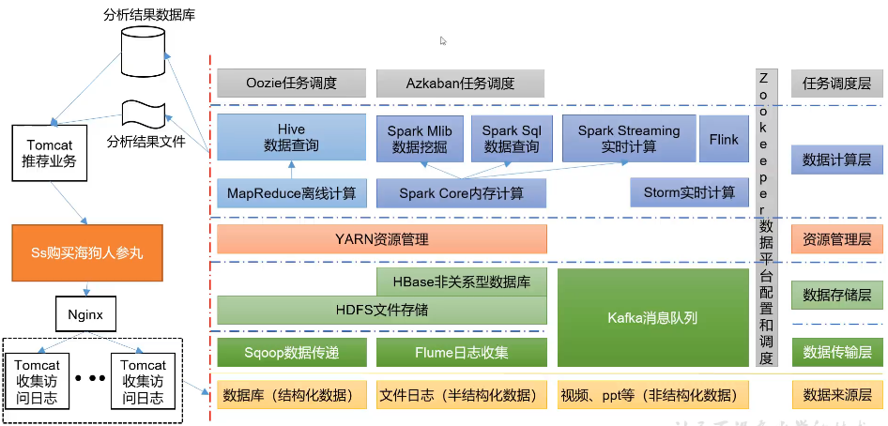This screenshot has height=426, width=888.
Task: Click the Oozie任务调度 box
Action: pyautogui.click(x=291, y=83)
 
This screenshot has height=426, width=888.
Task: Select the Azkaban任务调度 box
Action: pyautogui.click(x=461, y=83)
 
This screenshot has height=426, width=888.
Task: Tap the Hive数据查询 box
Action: pyautogui.click(x=291, y=138)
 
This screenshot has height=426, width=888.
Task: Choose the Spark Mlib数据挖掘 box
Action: pyautogui.click(x=419, y=139)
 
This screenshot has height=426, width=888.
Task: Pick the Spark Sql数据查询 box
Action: pyautogui.click(x=512, y=139)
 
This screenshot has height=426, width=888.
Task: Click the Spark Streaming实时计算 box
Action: pyautogui.click(x=629, y=139)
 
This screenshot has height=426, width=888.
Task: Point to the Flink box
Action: pyautogui.click(x=724, y=139)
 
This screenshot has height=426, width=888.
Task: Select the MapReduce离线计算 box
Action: pyautogui.click(x=291, y=192)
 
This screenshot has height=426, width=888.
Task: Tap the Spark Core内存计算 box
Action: pyautogui.click(x=461, y=192)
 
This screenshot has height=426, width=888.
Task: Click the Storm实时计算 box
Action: pyautogui.click(x=689, y=192)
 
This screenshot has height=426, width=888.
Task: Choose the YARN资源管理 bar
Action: pyautogui.click(x=382, y=238)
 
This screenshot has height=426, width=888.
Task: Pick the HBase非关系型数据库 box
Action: pyautogui.click(x=461, y=281)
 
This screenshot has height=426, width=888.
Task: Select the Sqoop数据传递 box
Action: pyautogui.click(x=291, y=353)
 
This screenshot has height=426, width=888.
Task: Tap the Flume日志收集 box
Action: pyautogui.click(x=461, y=353)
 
